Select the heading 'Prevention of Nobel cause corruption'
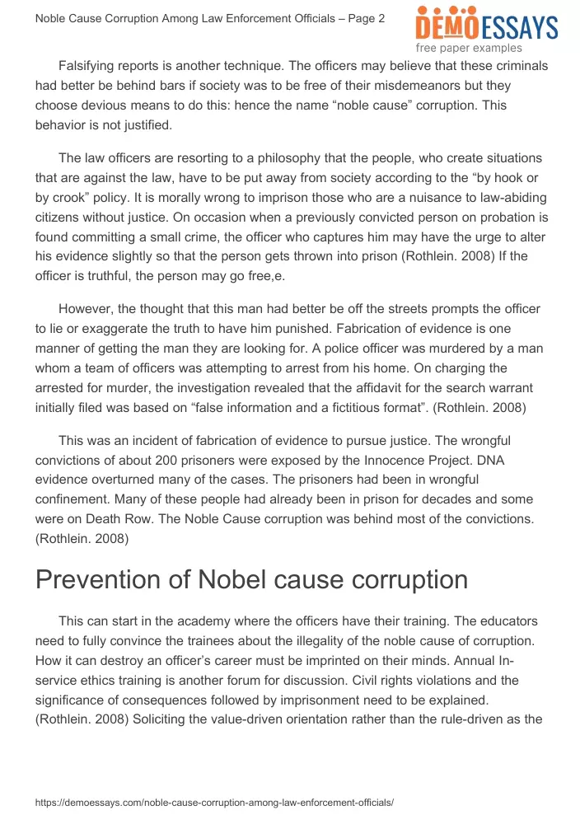(x=251, y=579)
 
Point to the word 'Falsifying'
(x=91, y=65)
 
